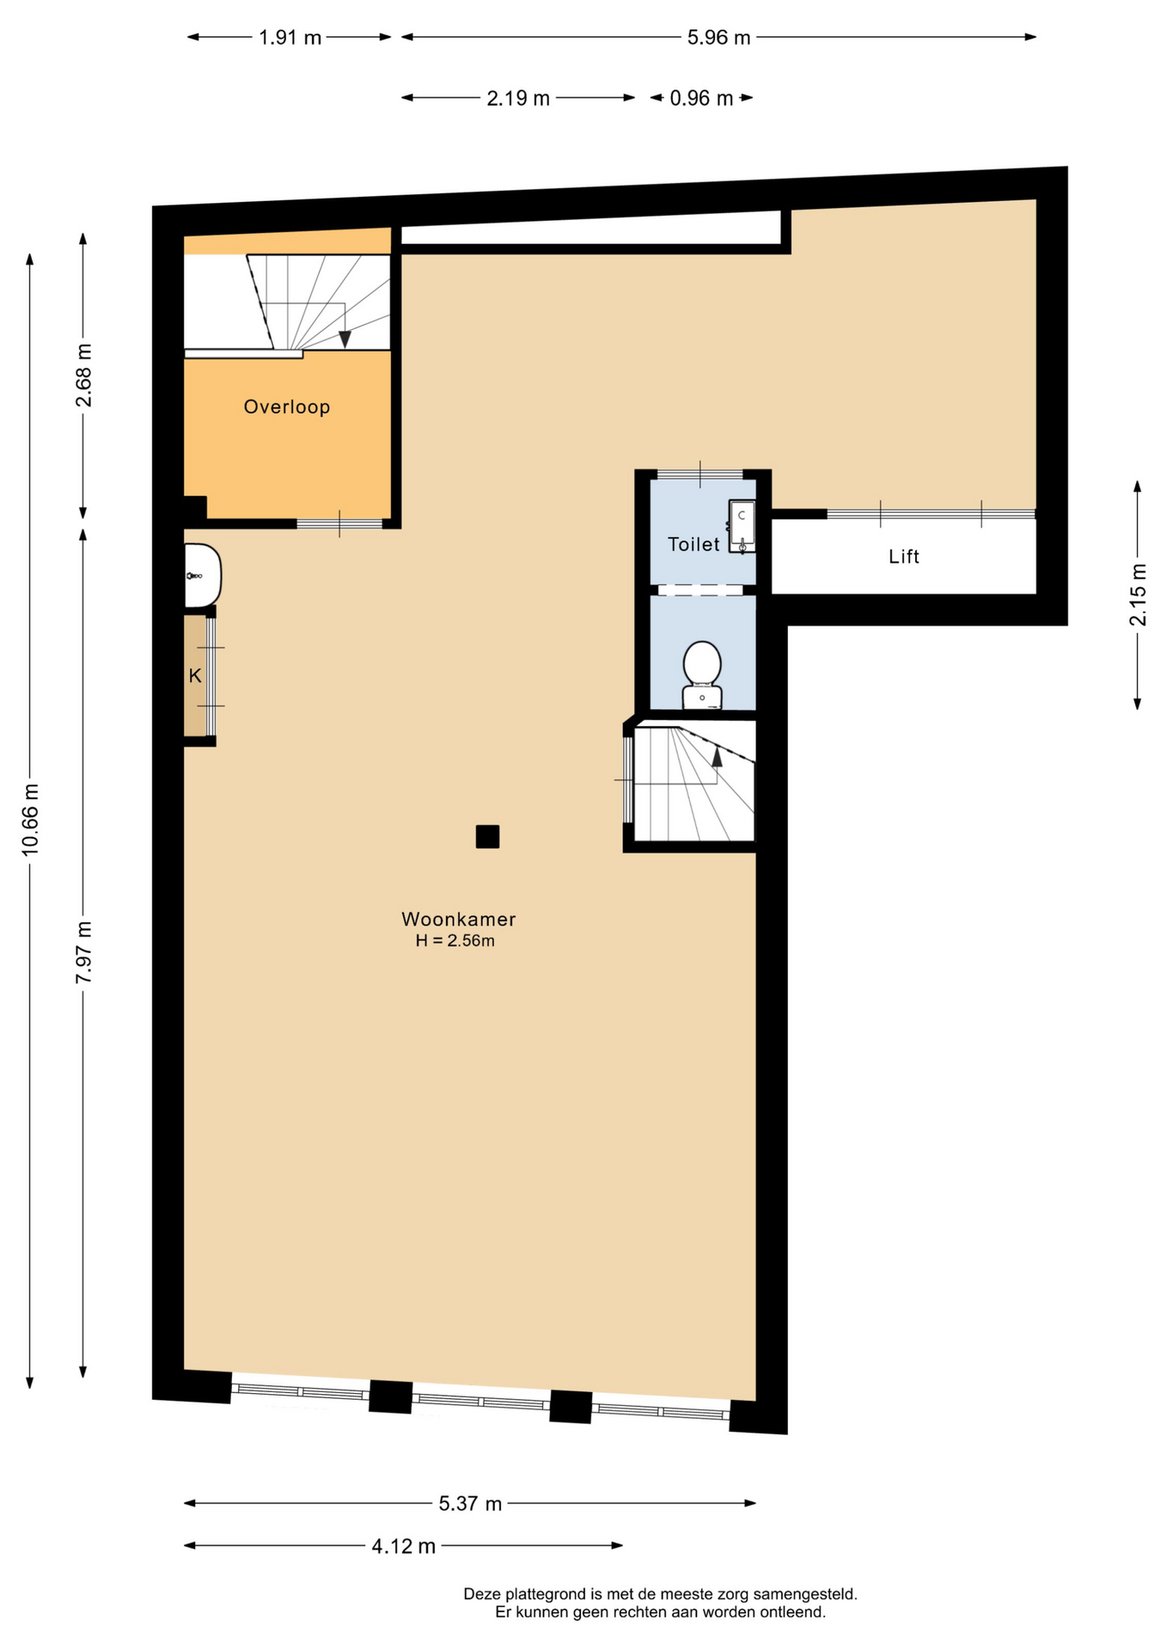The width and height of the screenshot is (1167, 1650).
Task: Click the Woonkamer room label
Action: (458, 919)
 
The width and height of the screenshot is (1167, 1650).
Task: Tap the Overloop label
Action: (287, 406)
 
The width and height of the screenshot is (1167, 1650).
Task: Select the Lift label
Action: (904, 557)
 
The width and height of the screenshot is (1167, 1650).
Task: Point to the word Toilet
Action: (693, 544)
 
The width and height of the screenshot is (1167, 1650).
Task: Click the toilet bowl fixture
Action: (702, 675)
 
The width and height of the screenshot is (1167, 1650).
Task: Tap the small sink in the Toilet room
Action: (742, 526)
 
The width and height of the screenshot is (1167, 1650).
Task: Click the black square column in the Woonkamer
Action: (487, 836)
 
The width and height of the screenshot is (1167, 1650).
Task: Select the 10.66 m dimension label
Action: (30, 819)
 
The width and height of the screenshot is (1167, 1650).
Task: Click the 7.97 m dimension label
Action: (83, 952)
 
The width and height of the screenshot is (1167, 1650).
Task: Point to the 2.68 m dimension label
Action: (83, 376)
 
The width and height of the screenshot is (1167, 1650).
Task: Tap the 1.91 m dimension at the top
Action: (290, 38)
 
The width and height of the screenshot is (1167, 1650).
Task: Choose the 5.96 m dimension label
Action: (719, 38)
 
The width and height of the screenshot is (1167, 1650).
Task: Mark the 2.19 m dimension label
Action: (518, 99)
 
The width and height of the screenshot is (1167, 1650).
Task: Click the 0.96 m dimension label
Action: (701, 99)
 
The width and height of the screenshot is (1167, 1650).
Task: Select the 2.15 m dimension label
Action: (1138, 595)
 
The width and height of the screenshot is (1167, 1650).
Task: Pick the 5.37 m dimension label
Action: (470, 1504)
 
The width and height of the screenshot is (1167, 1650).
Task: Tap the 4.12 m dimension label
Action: (404, 1547)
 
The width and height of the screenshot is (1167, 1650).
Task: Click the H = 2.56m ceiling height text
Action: (455, 941)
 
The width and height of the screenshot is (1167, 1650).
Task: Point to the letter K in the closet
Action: (195, 676)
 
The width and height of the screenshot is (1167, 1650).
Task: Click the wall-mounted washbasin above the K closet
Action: (203, 576)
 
